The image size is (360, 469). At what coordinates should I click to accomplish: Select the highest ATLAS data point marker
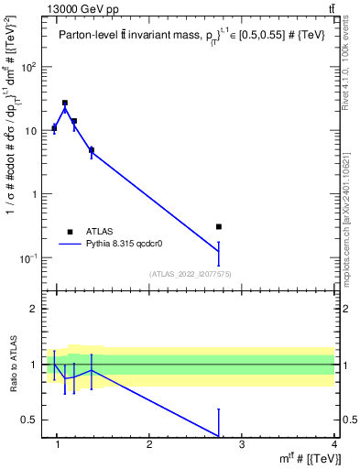(65, 104)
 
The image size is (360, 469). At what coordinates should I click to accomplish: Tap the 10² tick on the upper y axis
(28, 67)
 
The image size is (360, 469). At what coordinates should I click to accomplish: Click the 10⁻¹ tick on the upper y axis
(28, 258)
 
